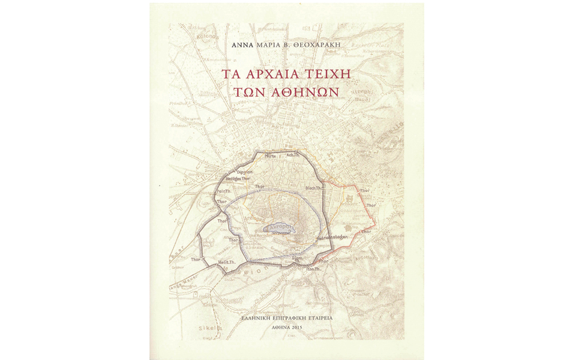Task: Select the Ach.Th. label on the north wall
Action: point(294,156)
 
